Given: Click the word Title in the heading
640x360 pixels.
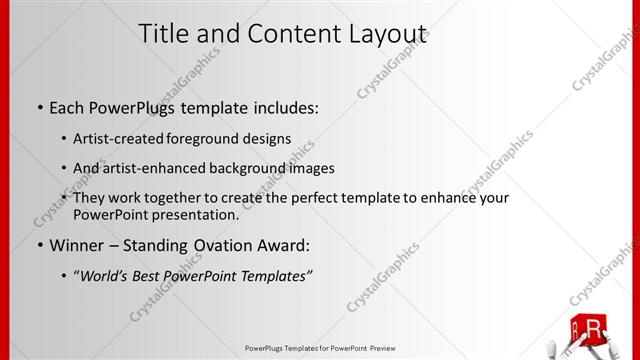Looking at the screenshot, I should pyautogui.click(x=164, y=34).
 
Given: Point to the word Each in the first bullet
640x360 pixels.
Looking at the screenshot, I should pyautogui.click(x=67, y=106).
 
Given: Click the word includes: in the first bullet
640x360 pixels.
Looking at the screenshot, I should pyautogui.click(x=284, y=106).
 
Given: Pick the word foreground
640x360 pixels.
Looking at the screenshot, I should pyautogui.click(x=215, y=138).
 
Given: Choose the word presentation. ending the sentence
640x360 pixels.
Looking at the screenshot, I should pyautogui.click(x=193, y=215).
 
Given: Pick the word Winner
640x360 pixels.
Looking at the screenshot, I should pyautogui.click(x=76, y=245).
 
